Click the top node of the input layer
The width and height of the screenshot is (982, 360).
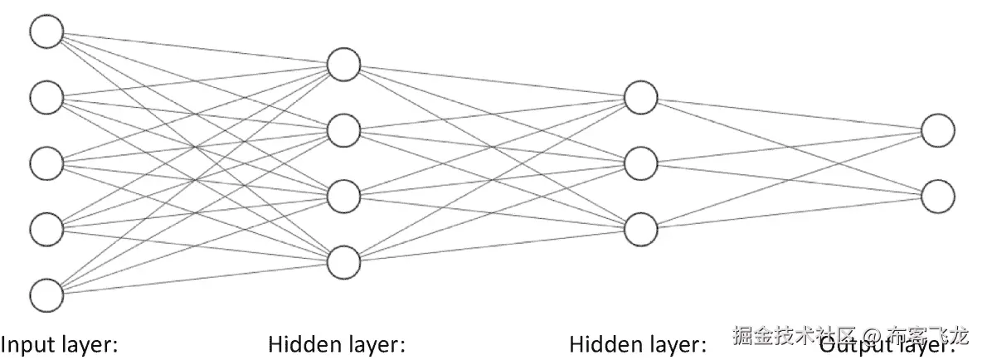pos(46,32)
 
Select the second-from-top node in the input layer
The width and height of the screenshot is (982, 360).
pos(46,98)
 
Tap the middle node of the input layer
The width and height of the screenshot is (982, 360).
pos(46,163)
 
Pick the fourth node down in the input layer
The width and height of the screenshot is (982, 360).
pos(46,228)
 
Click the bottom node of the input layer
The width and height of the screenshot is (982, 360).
pos(46,294)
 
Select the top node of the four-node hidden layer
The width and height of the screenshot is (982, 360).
pos(343,65)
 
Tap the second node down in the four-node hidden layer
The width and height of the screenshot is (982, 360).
pos(343,130)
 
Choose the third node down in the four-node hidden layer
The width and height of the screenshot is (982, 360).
pos(343,196)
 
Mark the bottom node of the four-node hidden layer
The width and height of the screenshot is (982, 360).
pos(343,261)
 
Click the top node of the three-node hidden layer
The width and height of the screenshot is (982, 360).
pos(640,97)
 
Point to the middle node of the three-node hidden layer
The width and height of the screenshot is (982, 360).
pos(640,163)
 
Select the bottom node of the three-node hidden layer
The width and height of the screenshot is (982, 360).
pos(640,229)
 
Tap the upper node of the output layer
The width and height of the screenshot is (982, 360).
pos(937,130)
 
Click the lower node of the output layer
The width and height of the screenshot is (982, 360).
pos(937,196)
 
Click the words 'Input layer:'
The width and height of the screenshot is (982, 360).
pos(60,343)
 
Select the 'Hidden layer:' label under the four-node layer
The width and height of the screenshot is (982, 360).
pos(337,343)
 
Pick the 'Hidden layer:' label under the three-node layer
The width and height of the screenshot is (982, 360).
pos(637,343)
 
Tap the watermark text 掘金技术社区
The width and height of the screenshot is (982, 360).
pos(793,337)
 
